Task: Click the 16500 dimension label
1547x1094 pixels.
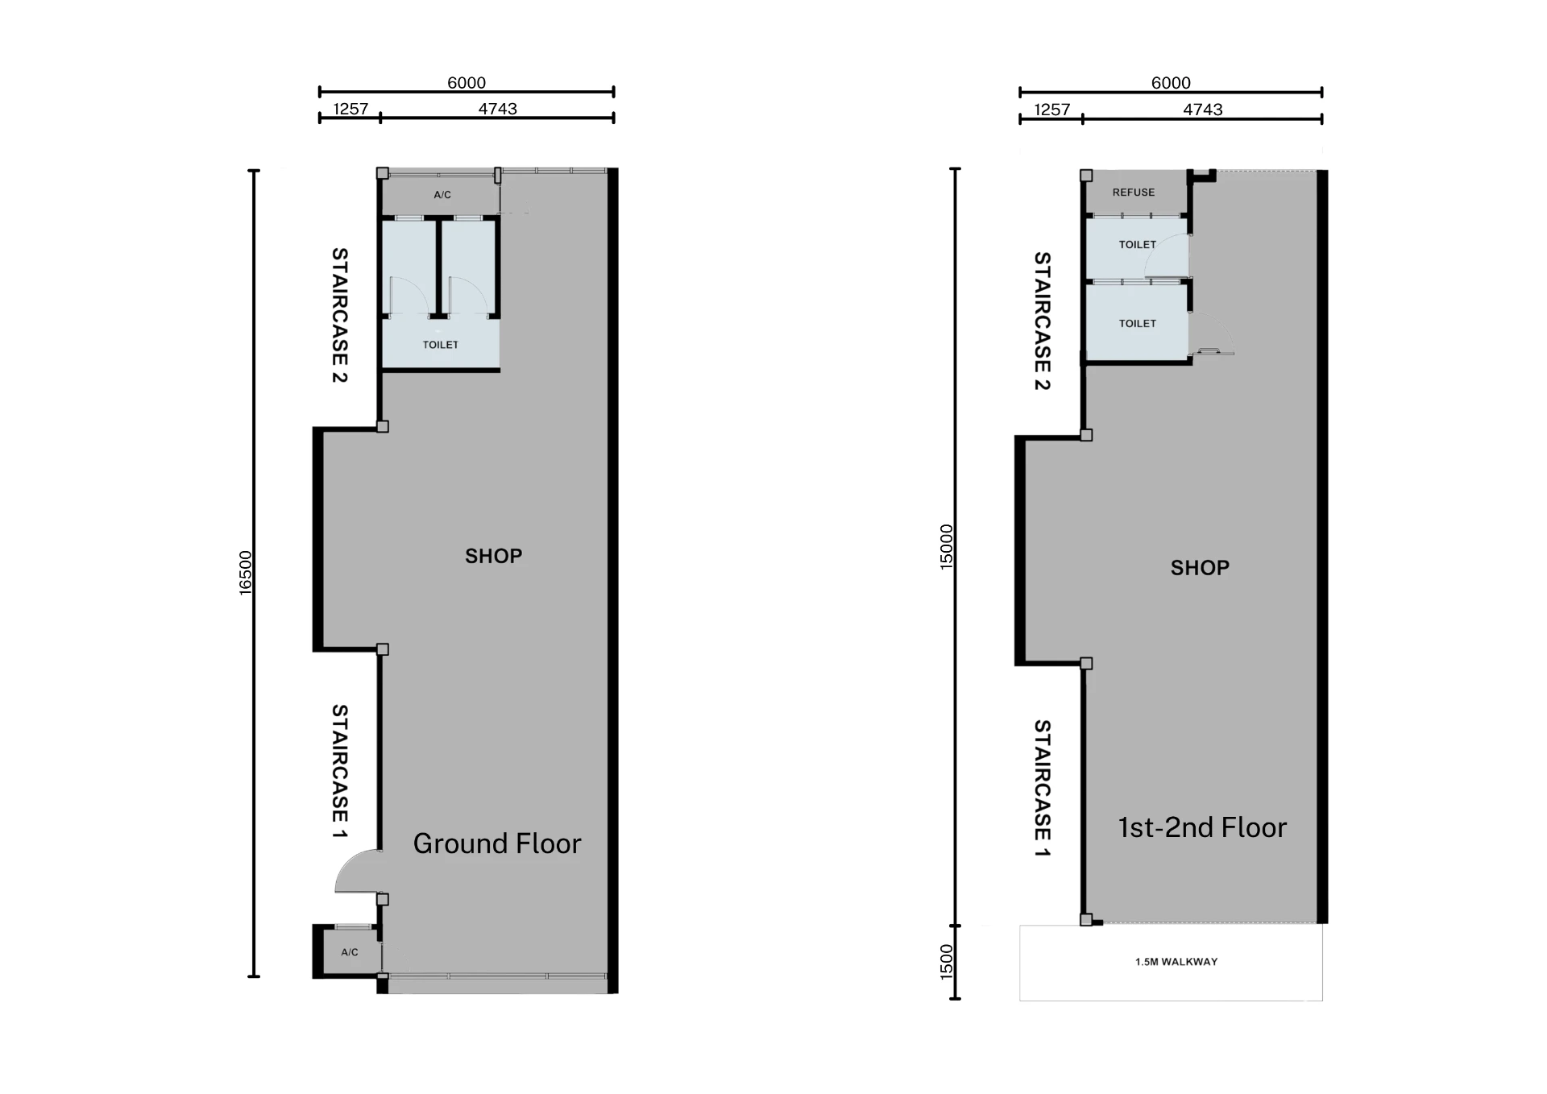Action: (246, 573)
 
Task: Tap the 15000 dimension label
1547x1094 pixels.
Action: (947, 547)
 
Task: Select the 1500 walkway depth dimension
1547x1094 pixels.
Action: (947, 962)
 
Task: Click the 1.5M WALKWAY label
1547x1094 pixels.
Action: (1176, 962)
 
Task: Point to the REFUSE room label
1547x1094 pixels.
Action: (1134, 193)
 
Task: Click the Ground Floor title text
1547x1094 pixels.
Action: (497, 843)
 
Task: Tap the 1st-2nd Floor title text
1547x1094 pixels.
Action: (1202, 827)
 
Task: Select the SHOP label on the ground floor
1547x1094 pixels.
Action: (494, 556)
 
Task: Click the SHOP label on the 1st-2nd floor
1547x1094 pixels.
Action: (1200, 568)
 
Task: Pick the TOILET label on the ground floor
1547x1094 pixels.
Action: (441, 345)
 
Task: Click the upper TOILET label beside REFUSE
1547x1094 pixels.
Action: (1138, 245)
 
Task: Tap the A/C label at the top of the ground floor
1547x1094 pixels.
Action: (442, 195)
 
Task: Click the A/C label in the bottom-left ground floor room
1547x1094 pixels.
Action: (350, 952)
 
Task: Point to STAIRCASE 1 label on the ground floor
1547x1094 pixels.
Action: (340, 771)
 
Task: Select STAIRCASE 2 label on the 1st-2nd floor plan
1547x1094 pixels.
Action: (1043, 321)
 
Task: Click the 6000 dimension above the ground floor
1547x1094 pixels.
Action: (467, 83)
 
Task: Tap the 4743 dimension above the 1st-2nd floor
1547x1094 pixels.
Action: (1203, 110)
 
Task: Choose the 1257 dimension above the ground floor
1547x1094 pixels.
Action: (350, 109)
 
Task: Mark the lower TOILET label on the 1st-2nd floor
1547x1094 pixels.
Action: (1138, 324)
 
